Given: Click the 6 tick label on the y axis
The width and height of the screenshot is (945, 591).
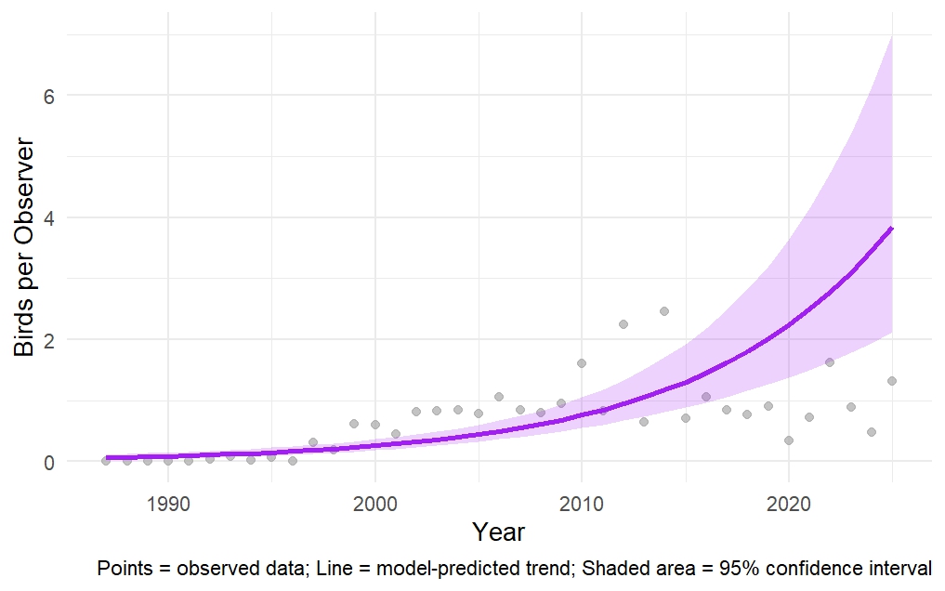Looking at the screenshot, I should pyautogui.click(x=49, y=96).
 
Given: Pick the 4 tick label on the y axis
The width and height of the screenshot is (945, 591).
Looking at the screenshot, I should pyautogui.click(x=49, y=217).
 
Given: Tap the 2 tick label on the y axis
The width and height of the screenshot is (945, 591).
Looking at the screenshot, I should pyautogui.click(x=49, y=340).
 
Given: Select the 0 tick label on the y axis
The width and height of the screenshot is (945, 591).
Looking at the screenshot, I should pyautogui.click(x=49, y=462).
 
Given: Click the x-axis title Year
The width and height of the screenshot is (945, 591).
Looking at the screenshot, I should pyautogui.click(x=498, y=532).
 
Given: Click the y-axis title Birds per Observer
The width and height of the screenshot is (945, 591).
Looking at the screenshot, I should pyautogui.click(x=24, y=248).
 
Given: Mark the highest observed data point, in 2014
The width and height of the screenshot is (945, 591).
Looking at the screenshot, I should pyautogui.click(x=664, y=311).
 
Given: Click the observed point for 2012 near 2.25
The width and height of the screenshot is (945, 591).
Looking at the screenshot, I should pyautogui.click(x=623, y=324).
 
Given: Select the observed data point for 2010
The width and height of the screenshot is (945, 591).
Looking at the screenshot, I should pyautogui.click(x=582, y=363).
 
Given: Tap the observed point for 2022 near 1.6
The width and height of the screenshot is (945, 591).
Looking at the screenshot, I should pyautogui.click(x=830, y=362).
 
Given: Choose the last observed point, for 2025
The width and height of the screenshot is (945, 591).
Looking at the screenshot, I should pyautogui.click(x=892, y=381).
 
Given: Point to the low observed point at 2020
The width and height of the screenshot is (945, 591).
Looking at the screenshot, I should pyautogui.click(x=789, y=440).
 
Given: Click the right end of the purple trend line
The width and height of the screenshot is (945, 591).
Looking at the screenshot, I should pyautogui.click(x=892, y=228).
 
